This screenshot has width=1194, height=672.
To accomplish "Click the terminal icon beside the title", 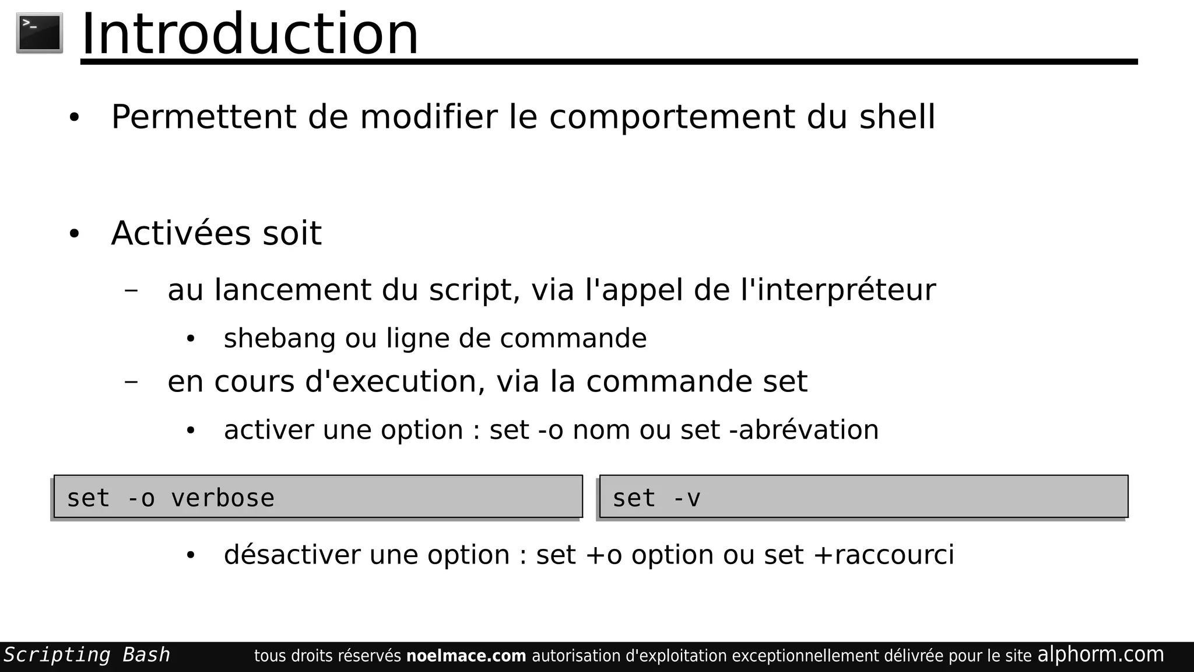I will tap(40, 33).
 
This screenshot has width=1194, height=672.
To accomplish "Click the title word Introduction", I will tap(250, 34).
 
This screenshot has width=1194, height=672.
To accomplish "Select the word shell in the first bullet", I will tap(897, 117).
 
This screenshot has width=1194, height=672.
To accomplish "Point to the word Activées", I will tap(181, 233).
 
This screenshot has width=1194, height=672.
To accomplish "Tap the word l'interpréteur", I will tap(838, 290).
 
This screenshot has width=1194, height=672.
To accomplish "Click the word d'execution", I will tap(395, 382).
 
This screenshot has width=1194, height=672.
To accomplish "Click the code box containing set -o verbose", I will tap(318, 497).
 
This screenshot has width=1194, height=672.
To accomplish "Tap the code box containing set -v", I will tap(863, 497).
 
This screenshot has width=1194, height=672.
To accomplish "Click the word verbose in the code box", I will tap(223, 499).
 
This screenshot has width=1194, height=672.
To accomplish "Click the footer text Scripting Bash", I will tap(87, 655).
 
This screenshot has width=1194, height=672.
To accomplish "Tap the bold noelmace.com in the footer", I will tap(466, 656).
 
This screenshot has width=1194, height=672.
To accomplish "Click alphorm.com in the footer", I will tap(1100, 655).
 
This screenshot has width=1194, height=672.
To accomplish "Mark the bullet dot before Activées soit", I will tap(74, 234).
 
